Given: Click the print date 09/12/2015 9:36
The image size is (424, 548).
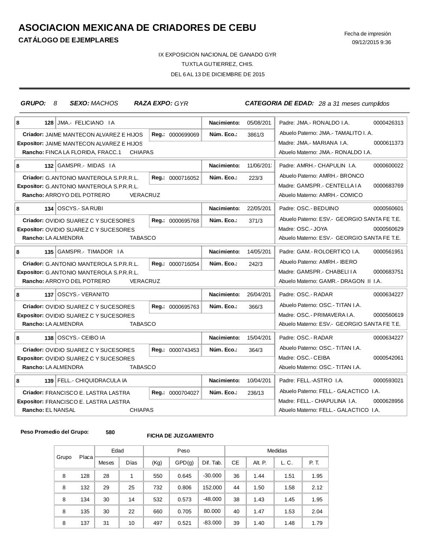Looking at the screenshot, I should (x=371, y=42).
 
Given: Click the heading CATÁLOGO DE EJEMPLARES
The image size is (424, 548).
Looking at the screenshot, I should (x=69, y=40).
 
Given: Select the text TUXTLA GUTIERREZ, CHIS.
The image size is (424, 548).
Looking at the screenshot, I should (x=217, y=64).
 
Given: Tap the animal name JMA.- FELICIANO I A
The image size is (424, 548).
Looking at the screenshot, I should (x=86, y=123).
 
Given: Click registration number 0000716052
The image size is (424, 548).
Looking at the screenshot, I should (x=184, y=178).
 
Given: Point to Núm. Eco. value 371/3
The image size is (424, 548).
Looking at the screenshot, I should (x=256, y=221).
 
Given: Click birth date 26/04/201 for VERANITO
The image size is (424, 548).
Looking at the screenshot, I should (x=259, y=295).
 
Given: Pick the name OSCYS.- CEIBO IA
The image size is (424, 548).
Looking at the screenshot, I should (x=81, y=338).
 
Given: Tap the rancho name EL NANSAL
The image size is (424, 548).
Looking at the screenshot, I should (x=60, y=410).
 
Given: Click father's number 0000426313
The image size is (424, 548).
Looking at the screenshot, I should (x=388, y=123).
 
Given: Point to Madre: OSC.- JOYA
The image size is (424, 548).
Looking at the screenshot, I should (x=303, y=229).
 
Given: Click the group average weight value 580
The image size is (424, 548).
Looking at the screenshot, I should (x=110, y=432).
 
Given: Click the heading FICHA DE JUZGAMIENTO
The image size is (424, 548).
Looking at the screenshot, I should (x=180, y=436).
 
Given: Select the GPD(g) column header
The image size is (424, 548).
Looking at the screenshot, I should (x=184, y=463).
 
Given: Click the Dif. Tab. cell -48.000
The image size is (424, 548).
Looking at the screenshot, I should (x=212, y=499).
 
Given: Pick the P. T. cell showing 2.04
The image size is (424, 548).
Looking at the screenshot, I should (x=317, y=511).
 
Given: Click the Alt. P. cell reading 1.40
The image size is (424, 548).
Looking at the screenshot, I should (x=259, y=523).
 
